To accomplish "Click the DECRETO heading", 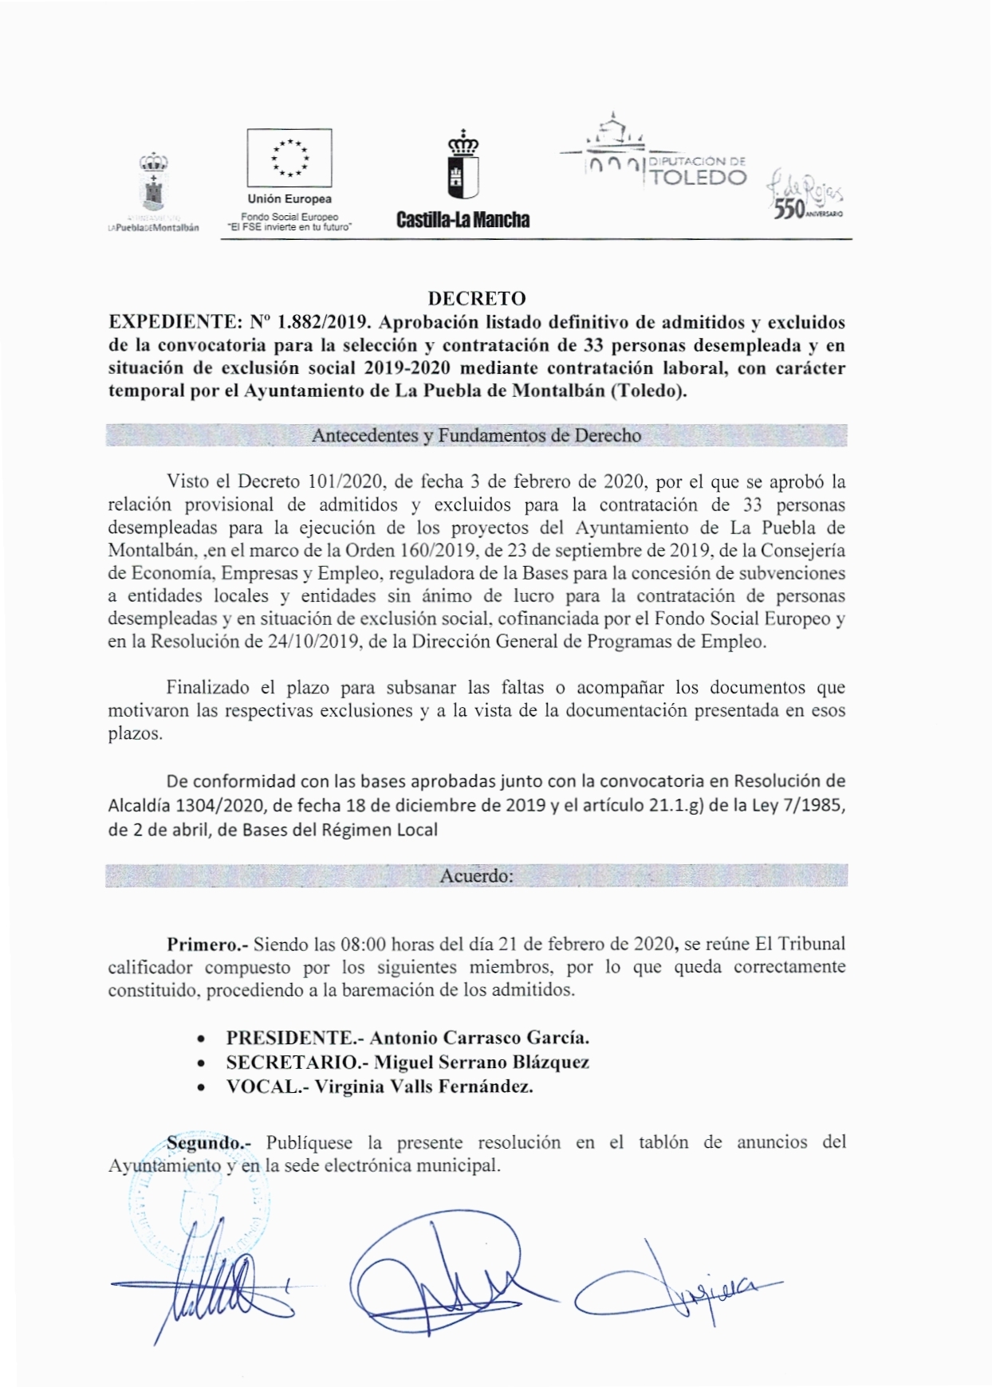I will tap(477, 299).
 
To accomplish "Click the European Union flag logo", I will tap(289, 157).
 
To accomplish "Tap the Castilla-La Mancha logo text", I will tap(463, 220).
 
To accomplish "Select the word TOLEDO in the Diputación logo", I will tap(699, 177).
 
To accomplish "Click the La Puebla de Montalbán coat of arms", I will tap(153, 185).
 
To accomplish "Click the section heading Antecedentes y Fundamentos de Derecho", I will tap(476, 436).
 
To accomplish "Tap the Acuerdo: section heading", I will tap(476, 875).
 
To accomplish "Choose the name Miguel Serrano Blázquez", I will tap(482, 1062).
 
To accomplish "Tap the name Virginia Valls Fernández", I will tap(423, 1086).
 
